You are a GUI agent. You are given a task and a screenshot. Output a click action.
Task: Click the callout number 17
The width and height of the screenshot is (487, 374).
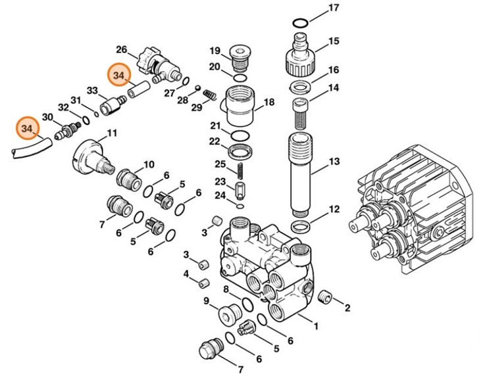(x=334, y=8)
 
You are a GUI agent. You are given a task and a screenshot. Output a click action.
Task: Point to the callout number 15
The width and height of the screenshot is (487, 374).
(x=334, y=41)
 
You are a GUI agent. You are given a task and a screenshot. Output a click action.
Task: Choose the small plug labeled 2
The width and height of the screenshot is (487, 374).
(x=324, y=298)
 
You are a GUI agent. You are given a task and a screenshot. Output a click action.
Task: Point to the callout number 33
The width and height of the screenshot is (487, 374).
(x=92, y=90)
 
